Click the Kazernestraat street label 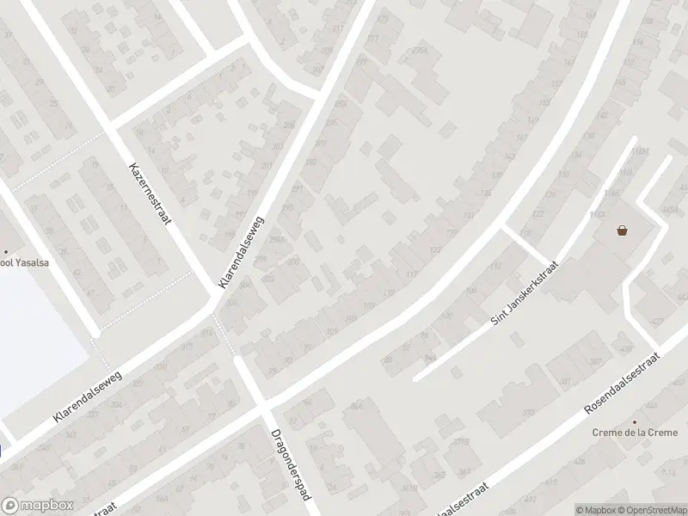[x=150, y=193]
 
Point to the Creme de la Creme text [x=635, y=433]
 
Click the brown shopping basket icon [x=622, y=230]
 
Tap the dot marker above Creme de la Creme [x=635, y=421]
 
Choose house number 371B [x=463, y=443]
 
